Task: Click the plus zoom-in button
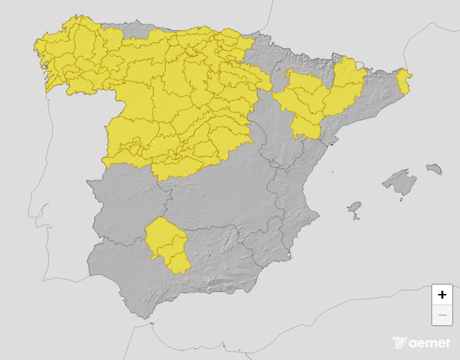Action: point(442,295)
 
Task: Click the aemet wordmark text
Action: point(430,343)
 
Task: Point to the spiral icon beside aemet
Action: point(400,343)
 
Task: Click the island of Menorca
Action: point(434,169)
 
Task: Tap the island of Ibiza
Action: point(355,210)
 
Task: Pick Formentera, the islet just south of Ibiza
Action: point(357,220)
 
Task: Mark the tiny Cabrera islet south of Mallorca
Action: point(400,198)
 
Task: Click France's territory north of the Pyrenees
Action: point(343,26)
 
